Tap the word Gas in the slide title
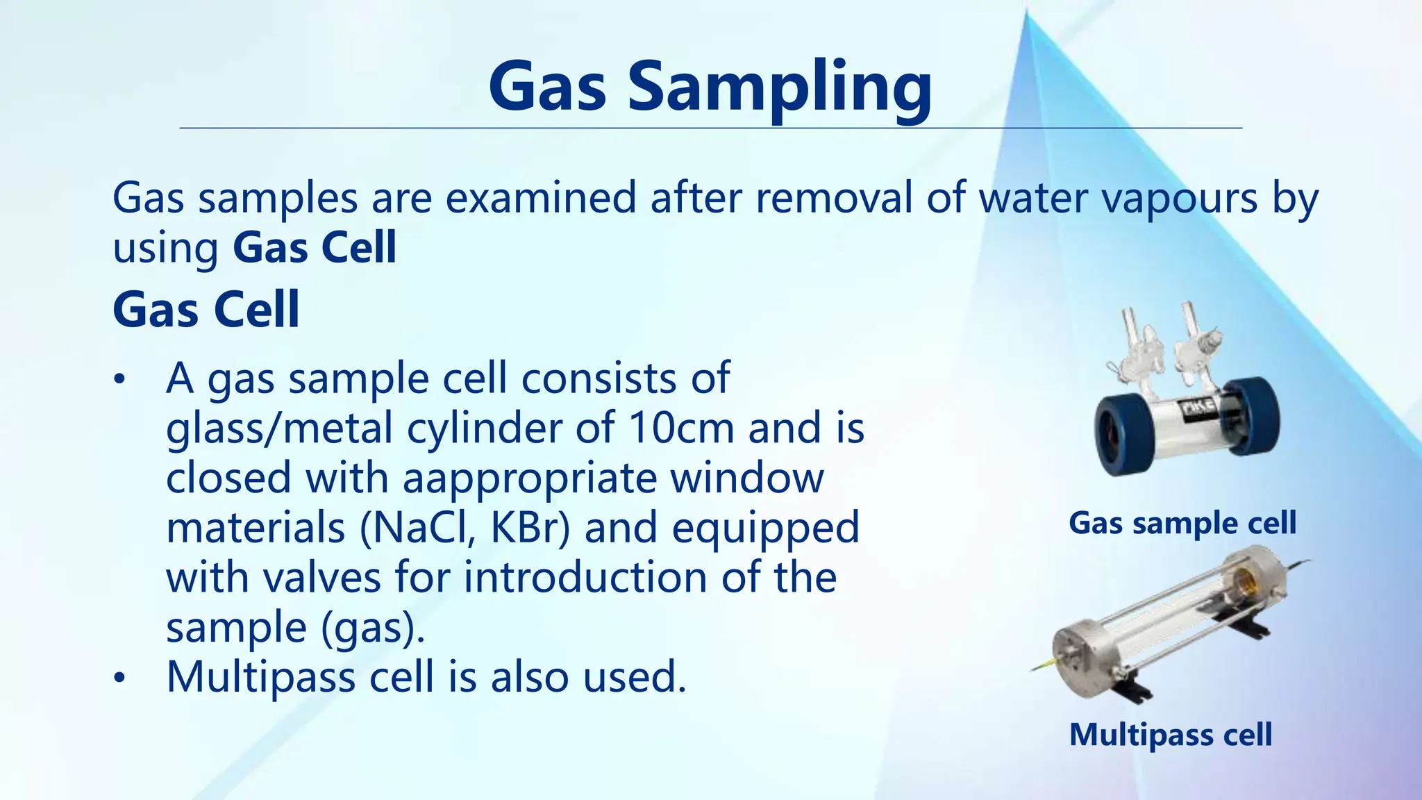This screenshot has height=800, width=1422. click(x=547, y=87)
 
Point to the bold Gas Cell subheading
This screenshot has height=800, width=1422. click(x=206, y=310)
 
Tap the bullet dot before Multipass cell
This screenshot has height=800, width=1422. click(x=120, y=678)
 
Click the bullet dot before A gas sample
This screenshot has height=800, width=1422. click(x=120, y=380)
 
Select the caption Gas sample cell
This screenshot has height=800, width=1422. click(x=1182, y=523)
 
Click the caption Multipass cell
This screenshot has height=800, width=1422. click(x=1171, y=735)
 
